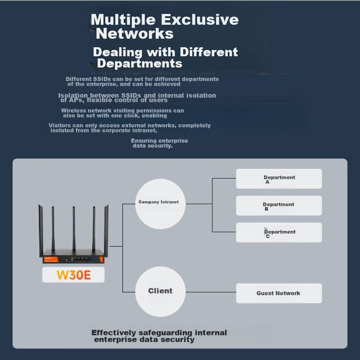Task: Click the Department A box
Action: pyautogui.click(x=279, y=179)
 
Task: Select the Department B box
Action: pyautogui.click(x=279, y=206)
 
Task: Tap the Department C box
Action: pyautogui.click(x=279, y=233)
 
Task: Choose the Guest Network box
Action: pyautogui.click(x=279, y=293)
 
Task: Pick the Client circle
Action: pyautogui.click(x=160, y=291)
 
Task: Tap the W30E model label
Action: pyautogui.click(x=73, y=274)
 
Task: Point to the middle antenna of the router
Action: pyautogui.click(x=74, y=227)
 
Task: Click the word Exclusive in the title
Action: pyautogui.click(x=200, y=20)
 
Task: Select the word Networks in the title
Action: pyautogui.click(x=135, y=34)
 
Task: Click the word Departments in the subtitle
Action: pyautogui.click(x=140, y=63)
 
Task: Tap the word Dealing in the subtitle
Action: pyautogui.click(x=117, y=52)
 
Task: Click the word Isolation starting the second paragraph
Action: pyautogui.click(x=73, y=95)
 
